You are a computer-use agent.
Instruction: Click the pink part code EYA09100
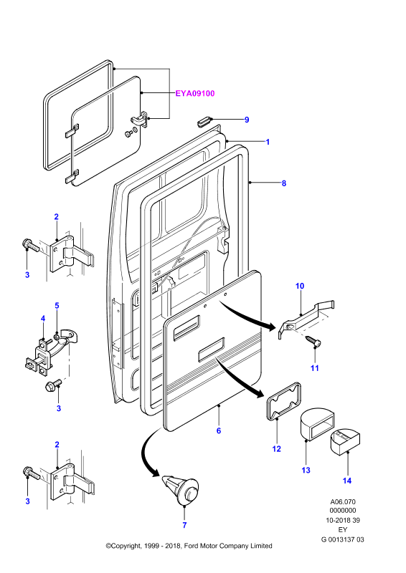click(x=195, y=94)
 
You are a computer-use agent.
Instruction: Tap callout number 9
click(x=247, y=120)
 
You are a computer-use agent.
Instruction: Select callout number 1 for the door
click(x=268, y=142)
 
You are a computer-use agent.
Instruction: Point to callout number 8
click(x=284, y=183)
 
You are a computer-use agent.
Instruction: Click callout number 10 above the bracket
click(x=300, y=286)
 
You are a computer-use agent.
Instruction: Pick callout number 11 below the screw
click(x=315, y=368)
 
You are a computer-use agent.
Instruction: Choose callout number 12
click(x=276, y=449)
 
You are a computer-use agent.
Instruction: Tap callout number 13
click(x=306, y=471)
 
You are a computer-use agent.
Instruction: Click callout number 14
click(x=346, y=481)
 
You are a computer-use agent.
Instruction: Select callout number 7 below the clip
click(x=184, y=525)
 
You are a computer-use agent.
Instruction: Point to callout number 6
click(x=219, y=431)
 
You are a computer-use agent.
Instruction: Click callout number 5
click(x=57, y=306)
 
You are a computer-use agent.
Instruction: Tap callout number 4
click(x=43, y=319)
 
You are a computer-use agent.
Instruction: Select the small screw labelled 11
click(x=313, y=340)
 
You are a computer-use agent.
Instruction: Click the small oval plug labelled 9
click(x=204, y=120)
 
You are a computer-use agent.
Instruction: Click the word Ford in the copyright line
click(x=192, y=546)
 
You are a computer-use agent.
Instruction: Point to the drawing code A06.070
click(x=343, y=502)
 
